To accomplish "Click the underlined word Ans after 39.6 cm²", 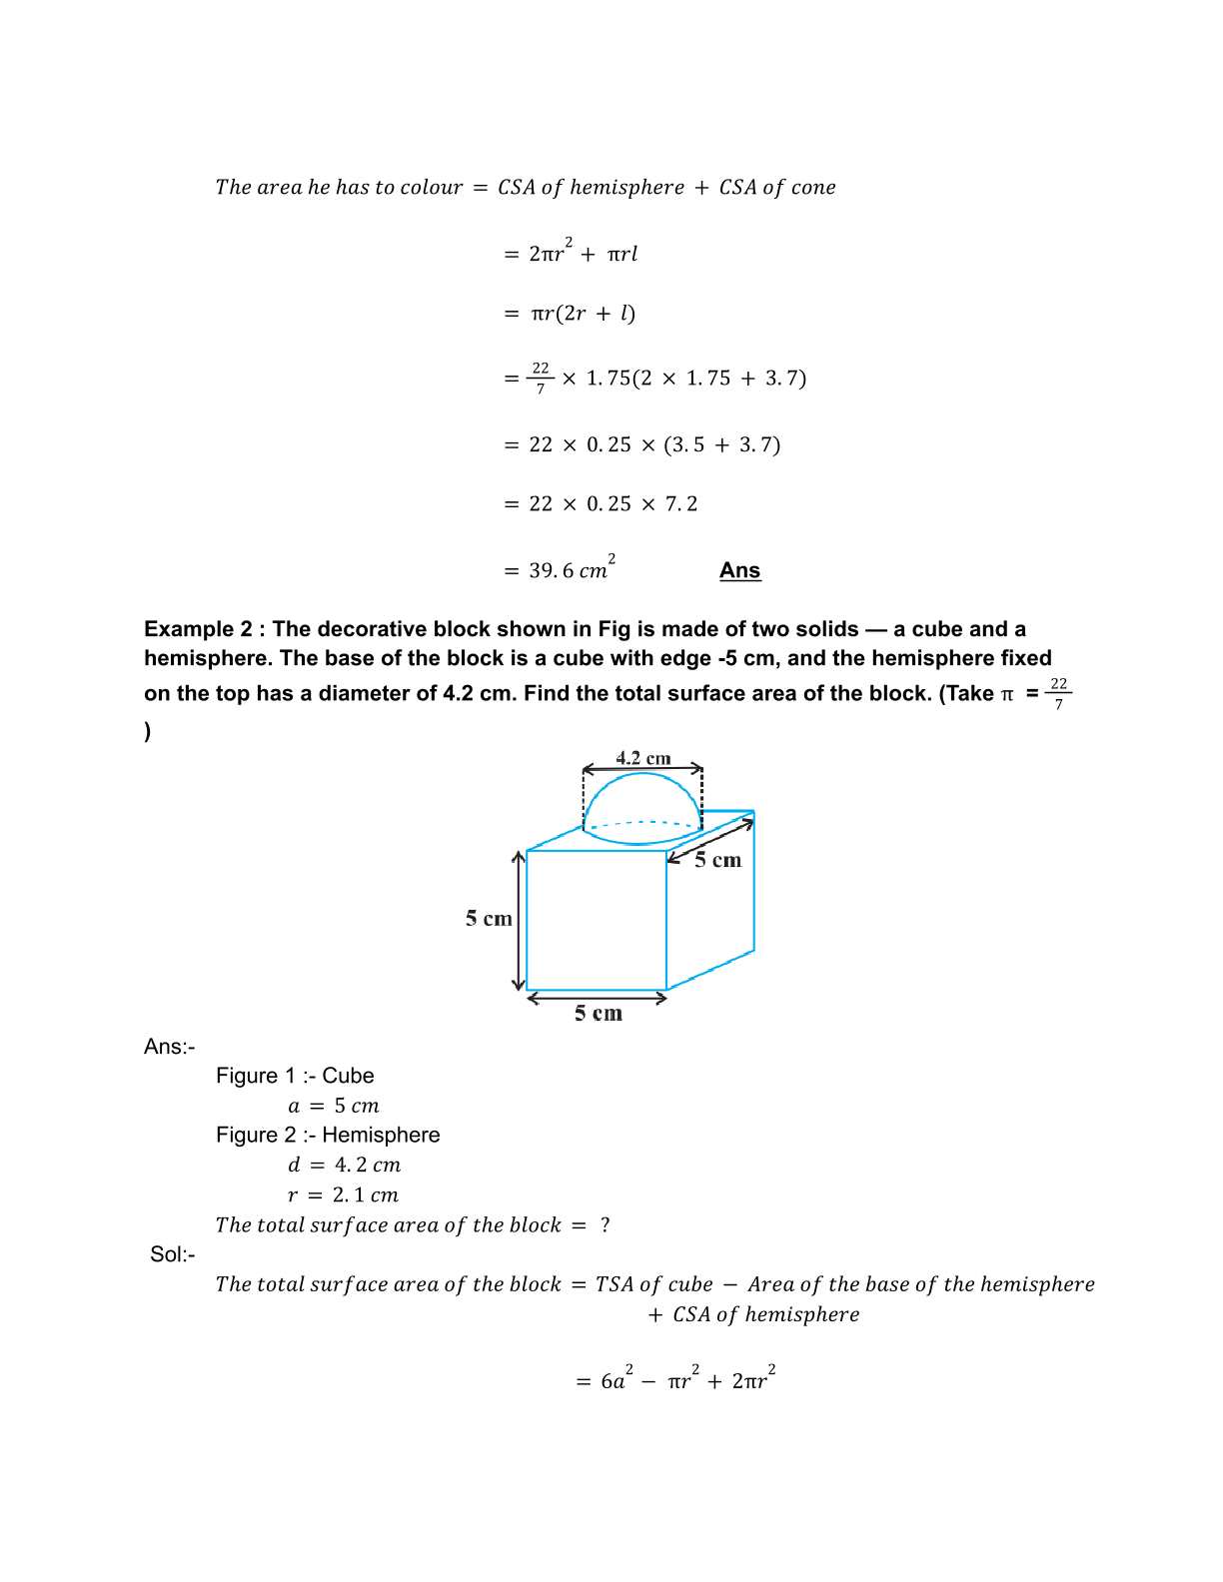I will [x=739, y=570].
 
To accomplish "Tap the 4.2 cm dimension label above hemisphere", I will [x=642, y=758].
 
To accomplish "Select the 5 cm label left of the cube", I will [x=488, y=919].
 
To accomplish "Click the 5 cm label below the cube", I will [x=598, y=1014].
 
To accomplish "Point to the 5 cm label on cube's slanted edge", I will [x=718, y=860].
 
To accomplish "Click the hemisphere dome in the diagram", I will [x=642, y=799].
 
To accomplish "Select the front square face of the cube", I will [x=596, y=920].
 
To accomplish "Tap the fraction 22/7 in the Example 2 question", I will [x=1058, y=693].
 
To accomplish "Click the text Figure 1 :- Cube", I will [x=295, y=1076].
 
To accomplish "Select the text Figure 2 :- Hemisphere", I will [x=328, y=1135].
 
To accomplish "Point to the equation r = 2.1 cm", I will [x=343, y=1194].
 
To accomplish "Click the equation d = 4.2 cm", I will [x=344, y=1165].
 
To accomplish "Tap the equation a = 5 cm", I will [x=334, y=1106].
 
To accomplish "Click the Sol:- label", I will [x=172, y=1254].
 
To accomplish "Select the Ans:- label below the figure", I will [x=169, y=1047].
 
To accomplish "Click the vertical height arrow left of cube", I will [x=519, y=920].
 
